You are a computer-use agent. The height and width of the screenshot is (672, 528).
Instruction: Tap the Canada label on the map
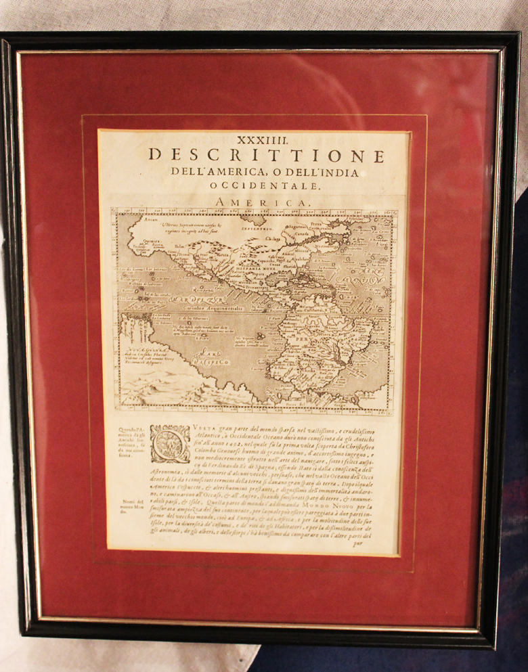point(301,234)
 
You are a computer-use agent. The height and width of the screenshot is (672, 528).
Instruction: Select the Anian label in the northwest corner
point(137,220)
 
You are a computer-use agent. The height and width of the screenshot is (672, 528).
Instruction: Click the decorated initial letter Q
point(170,444)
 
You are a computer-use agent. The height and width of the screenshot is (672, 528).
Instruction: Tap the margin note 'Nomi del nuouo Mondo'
point(131,507)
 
